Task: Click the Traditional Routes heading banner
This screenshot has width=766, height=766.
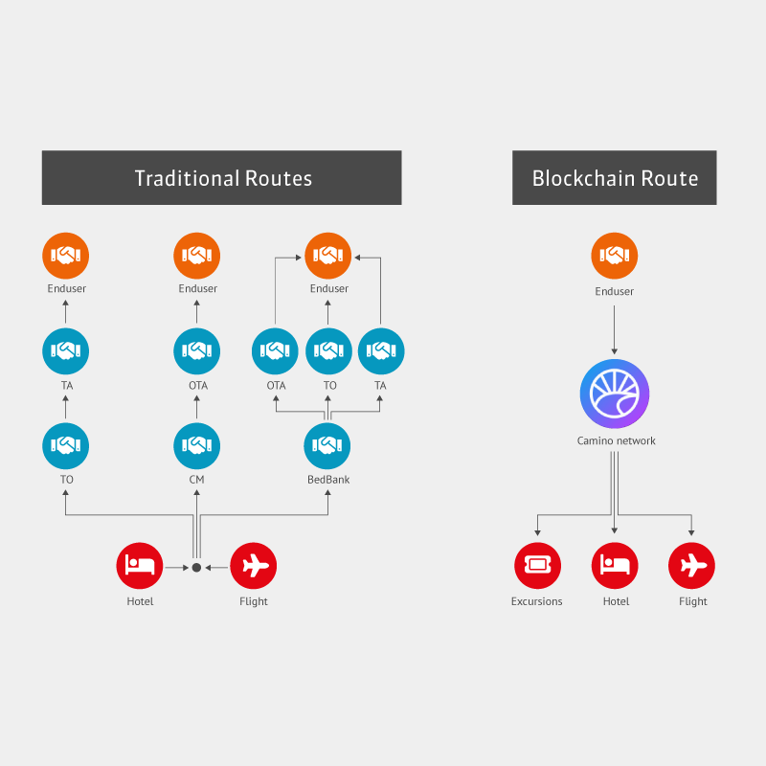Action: [x=221, y=178]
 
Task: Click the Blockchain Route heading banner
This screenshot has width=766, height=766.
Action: [x=614, y=178]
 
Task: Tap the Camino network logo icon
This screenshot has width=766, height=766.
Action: [x=615, y=394]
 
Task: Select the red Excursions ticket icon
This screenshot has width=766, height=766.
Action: [x=537, y=565]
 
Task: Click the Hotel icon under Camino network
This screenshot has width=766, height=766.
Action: [x=615, y=565]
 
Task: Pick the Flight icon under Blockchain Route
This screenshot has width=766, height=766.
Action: [x=691, y=565]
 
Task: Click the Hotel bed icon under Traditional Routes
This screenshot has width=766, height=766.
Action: [x=140, y=565]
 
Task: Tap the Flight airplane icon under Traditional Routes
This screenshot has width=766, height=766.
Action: [x=254, y=565]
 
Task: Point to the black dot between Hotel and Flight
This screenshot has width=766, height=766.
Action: [x=196, y=568]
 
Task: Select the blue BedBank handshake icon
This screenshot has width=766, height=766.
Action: [x=327, y=445]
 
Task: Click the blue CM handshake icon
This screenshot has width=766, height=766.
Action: [x=196, y=445]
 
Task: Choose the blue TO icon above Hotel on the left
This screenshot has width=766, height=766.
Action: [x=66, y=445]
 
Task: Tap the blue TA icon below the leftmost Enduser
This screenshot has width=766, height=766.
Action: [x=66, y=351]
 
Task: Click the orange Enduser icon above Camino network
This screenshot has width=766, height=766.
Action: [x=615, y=256]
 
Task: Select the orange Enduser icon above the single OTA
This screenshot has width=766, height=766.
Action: [x=196, y=256]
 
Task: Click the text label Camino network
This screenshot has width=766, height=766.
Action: [x=616, y=441]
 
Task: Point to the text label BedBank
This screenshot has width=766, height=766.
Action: [x=328, y=480]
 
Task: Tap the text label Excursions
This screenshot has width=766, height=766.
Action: [x=537, y=601]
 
